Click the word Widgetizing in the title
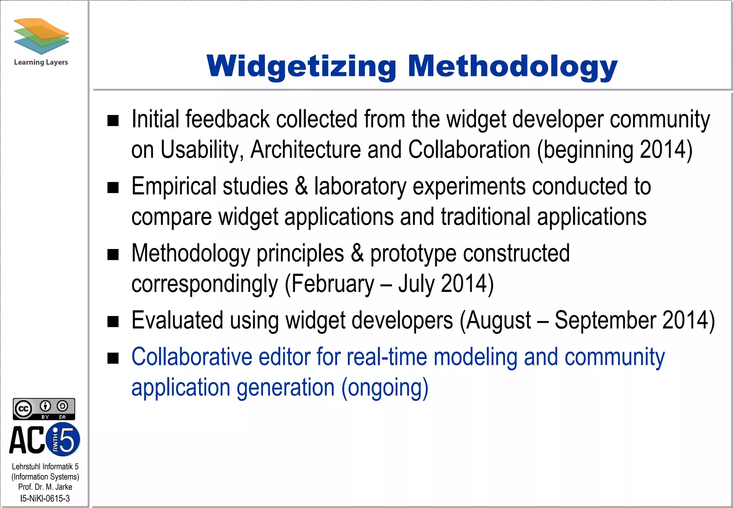301,66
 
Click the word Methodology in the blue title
513,66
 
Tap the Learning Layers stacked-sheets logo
41,36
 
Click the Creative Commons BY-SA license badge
44,409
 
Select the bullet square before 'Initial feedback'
113,121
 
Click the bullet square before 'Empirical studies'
113,187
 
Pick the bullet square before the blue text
113,358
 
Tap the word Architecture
305,150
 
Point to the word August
499,321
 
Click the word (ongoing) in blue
385,388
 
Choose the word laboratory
360,187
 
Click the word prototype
413,254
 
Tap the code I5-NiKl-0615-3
45,498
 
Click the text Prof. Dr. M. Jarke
45,487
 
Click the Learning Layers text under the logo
41,62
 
